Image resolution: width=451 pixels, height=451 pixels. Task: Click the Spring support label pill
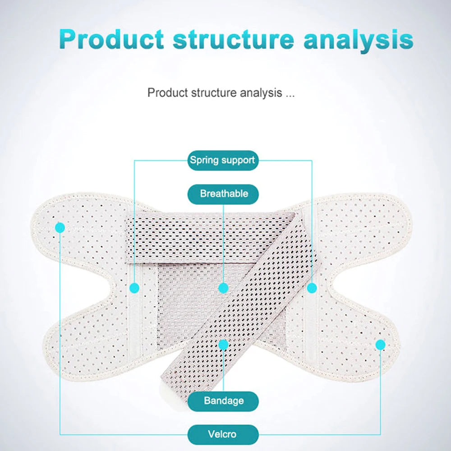pos(223,160)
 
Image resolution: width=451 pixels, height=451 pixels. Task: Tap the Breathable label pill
pos(223,194)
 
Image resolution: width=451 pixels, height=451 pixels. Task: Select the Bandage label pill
pos(223,401)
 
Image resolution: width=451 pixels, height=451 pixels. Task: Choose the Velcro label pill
pos(223,434)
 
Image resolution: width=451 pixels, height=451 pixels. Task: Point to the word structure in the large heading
pos(233,40)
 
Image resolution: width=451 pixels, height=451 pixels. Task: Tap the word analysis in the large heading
pos(359,41)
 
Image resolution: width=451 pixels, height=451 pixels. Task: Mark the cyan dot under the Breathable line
pos(224,288)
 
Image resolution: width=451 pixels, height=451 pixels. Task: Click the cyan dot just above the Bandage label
pos(224,344)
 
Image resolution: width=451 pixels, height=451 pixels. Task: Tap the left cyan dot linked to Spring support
pos(134,288)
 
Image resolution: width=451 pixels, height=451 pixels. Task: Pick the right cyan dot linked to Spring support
pos(312,288)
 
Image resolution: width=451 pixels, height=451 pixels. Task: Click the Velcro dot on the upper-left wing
pos(60,227)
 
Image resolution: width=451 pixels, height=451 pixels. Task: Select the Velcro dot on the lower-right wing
pos(380,345)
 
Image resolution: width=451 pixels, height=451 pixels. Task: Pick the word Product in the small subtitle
pos(167,93)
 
